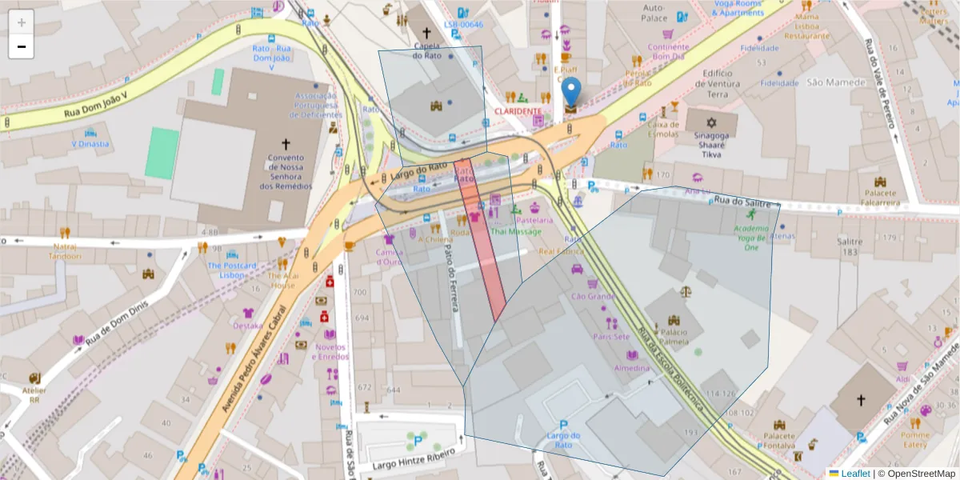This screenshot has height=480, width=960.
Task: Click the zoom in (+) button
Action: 22,22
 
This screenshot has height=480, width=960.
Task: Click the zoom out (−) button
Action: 22,46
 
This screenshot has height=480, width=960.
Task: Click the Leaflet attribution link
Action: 857,473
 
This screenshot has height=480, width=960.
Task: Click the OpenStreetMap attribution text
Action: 919,473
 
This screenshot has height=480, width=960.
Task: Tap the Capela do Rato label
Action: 427,50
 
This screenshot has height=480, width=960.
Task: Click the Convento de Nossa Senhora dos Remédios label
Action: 286,172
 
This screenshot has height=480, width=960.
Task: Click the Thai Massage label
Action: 515,232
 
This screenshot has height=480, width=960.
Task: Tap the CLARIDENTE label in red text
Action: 518,110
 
